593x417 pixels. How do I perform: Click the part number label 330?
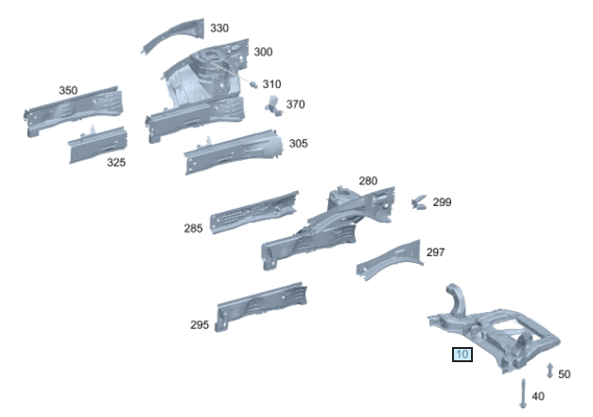click(x=218, y=28)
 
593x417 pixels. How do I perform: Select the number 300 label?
click(x=263, y=52)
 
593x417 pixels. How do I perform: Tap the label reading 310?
click(x=271, y=84)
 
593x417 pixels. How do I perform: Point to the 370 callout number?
click(x=295, y=104)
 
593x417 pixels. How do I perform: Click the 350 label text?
click(x=68, y=91)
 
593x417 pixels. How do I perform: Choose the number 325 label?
click(x=115, y=163)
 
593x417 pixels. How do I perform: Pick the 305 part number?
click(x=298, y=144)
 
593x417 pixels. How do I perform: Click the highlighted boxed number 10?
click(x=462, y=356)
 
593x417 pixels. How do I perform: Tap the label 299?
click(x=442, y=202)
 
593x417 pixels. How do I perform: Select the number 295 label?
click(x=199, y=325)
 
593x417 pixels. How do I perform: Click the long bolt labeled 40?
click(x=522, y=392)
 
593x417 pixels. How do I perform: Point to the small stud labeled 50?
click(x=549, y=369)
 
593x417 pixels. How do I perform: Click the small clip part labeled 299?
click(x=418, y=201)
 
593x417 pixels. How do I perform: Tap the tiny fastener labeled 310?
click(x=253, y=84)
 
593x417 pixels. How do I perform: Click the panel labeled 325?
click(x=97, y=145)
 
